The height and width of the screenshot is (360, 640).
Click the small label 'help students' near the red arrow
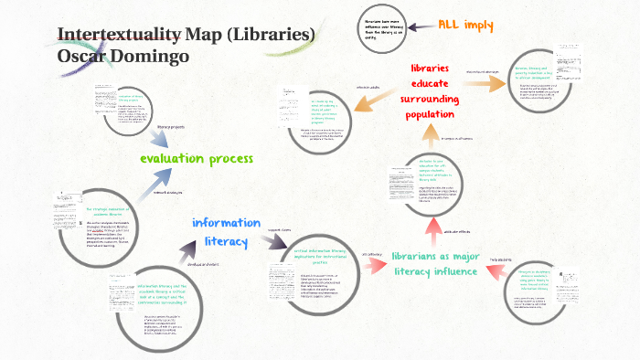pyautogui.click(x=503, y=259)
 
